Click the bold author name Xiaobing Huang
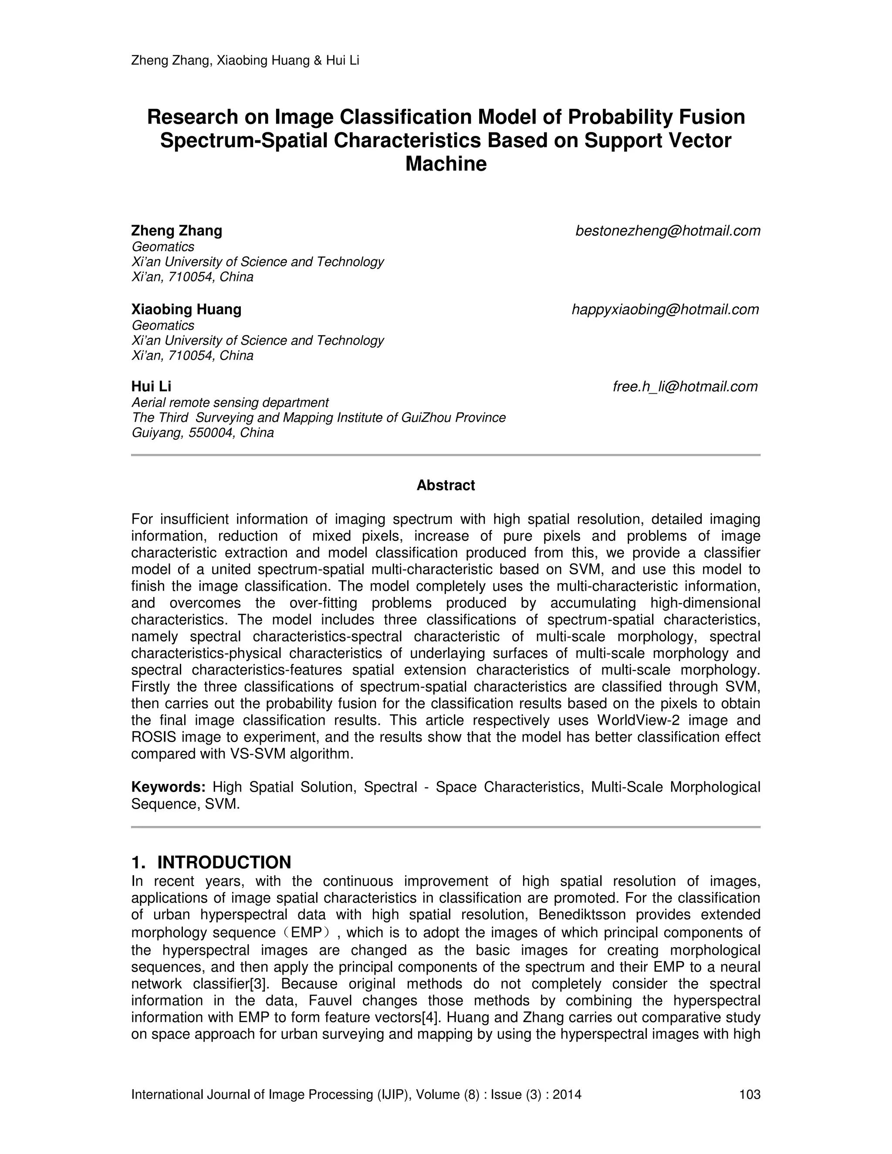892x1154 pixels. point(186,310)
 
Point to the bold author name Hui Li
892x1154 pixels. point(151,387)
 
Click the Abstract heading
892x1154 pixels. point(446,485)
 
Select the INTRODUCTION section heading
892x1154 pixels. point(223,862)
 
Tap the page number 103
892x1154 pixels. point(749,1094)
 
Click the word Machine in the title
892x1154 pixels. point(446,164)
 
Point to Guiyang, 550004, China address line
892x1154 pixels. point(203,433)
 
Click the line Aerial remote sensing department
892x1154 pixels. point(230,403)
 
